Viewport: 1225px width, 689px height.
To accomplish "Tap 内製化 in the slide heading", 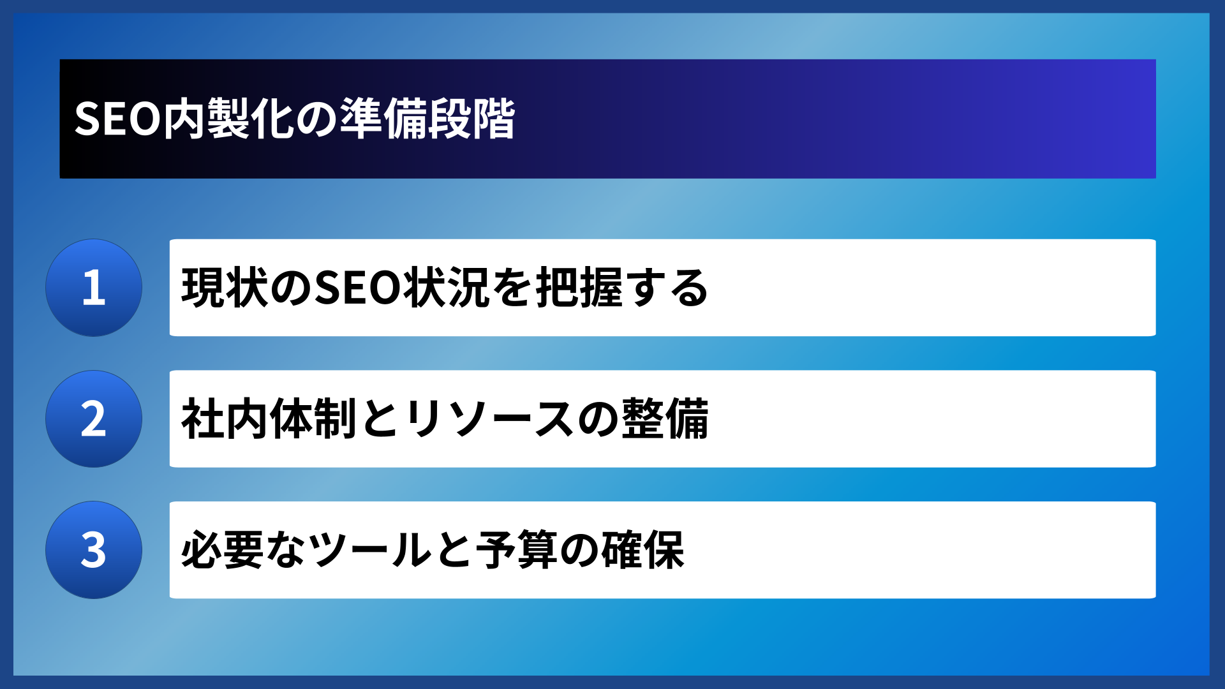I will [228, 119].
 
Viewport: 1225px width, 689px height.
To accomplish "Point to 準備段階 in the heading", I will [427, 119].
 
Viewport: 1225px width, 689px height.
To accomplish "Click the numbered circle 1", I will [94, 288].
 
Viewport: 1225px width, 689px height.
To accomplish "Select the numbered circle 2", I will [94, 419].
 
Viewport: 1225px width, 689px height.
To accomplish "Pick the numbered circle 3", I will [94, 550].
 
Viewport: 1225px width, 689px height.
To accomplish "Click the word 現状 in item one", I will [225, 288].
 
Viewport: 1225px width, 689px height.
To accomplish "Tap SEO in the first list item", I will [357, 288].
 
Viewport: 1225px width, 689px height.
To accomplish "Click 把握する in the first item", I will [622, 288].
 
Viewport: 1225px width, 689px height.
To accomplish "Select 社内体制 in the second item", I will [269, 419].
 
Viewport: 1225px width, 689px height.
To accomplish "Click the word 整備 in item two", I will [665, 419].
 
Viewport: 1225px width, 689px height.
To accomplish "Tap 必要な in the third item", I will [244, 550].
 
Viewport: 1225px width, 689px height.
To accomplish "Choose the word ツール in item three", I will [371, 550].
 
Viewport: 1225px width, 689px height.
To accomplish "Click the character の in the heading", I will [317, 119].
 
